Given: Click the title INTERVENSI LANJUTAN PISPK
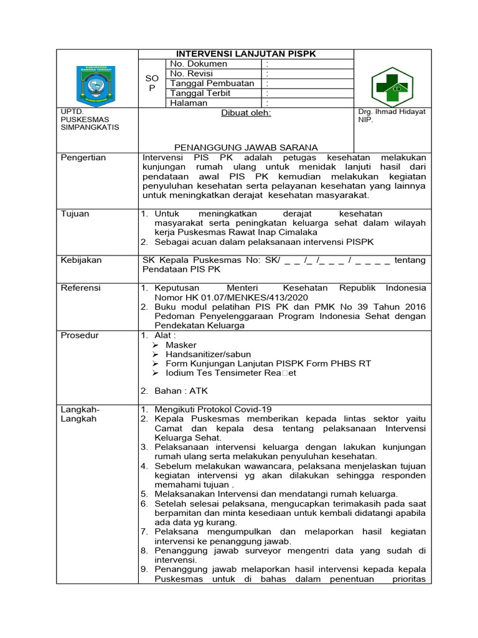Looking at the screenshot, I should [x=245, y=54].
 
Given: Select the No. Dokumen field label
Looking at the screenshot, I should [x=199, y=64].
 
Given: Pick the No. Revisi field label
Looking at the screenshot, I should [x=193, y=74].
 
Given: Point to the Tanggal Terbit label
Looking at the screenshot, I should [x=200, y=93].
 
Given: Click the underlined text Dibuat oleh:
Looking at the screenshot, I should [x=246, y=113].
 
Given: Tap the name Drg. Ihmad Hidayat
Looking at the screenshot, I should [x=391, y=112].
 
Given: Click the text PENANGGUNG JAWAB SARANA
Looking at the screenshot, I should [x=246, y=148].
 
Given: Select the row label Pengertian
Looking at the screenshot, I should [x=83, y=158].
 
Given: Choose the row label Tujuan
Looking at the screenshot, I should [x=75, y=214].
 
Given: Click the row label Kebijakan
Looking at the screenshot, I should [x=81, y=260].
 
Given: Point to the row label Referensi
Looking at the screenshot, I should [x=81, y=288].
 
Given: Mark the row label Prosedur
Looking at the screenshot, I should [x=79, y=335].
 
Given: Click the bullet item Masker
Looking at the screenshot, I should [x=180, y=345].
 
